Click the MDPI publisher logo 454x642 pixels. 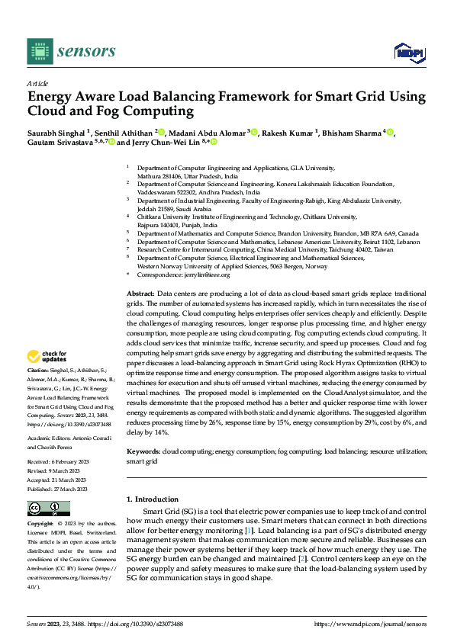click(409, 51)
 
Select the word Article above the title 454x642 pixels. click(37, 83)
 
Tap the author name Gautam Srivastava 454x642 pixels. click(60, 142)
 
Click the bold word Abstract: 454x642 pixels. click(140, 294)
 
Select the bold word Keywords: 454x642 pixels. click(143, 452)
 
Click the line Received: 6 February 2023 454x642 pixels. click(59, 462)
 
